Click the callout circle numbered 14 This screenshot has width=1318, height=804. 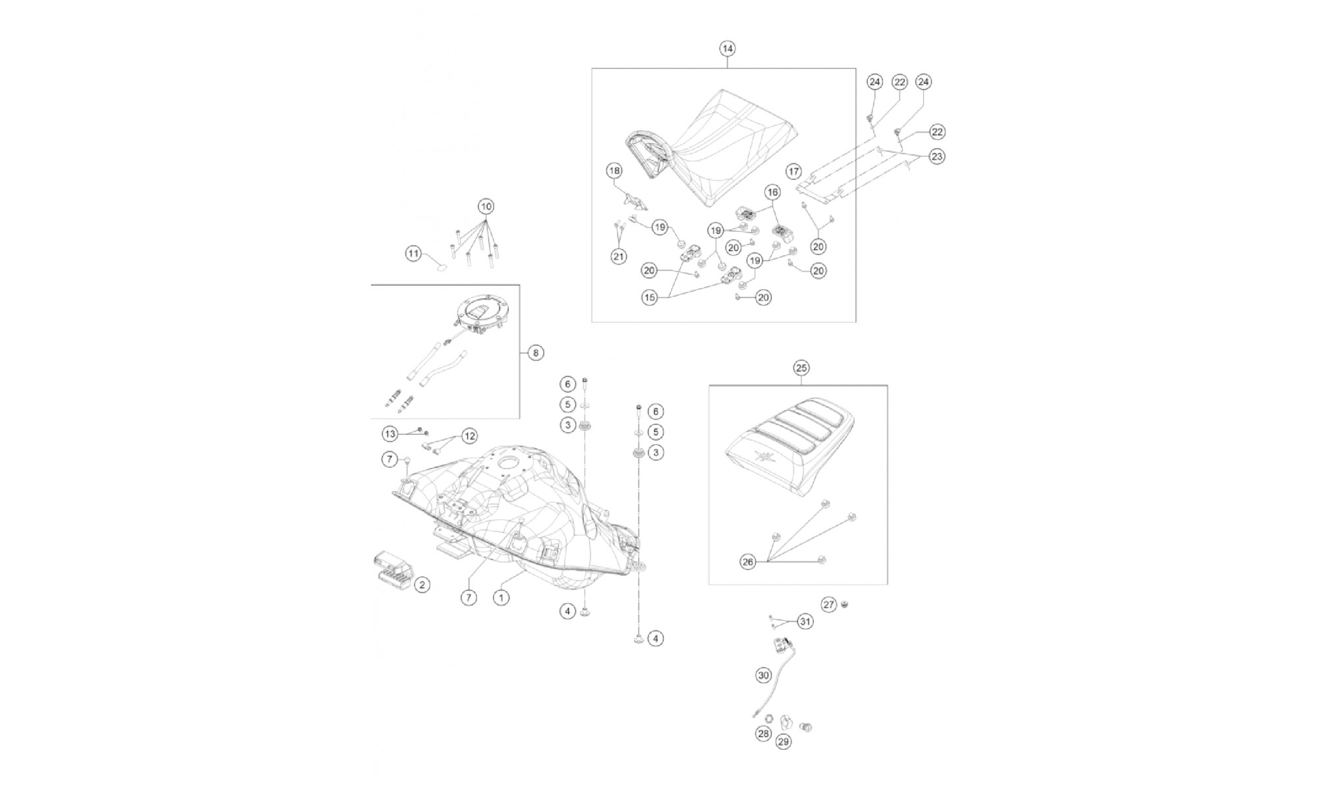click(x=727, y=48)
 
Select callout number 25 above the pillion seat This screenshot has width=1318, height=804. click(x=801, y=367)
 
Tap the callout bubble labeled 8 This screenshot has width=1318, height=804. click(x=536, y=353)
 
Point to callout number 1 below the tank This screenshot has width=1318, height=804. click(x=501, y=598)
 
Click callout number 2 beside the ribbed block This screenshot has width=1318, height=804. click(x=422, y=584)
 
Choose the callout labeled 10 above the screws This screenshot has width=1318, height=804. click(x=486, y=206)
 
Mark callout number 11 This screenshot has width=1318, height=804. click(x=413, y=254)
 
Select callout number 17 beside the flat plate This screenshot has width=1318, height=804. click(x=793, y=171)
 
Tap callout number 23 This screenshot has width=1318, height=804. click(x=937, y=156)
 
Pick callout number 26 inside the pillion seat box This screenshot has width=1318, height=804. click(x=747, y=562)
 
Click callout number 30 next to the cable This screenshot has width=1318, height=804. click(x=763, y=675)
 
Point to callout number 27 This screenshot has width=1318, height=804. click(x=829, y=604)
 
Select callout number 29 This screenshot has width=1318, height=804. click(x=784, y=741)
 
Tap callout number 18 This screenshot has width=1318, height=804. click(x=614, y=171)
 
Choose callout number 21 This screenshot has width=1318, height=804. click(x=618, y=257)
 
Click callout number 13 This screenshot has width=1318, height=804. click(x=391, y=434)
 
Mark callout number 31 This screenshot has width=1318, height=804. click(x=805, y=621)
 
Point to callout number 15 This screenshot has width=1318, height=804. click(x=650, y=298)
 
